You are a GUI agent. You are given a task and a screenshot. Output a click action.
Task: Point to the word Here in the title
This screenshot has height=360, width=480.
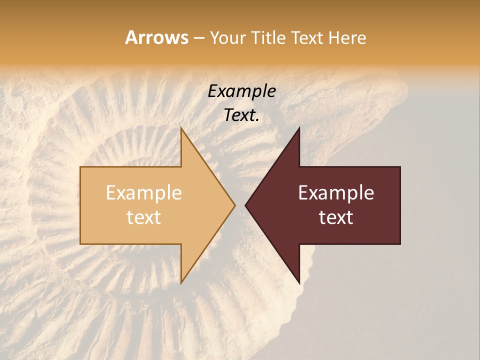pos(348,37)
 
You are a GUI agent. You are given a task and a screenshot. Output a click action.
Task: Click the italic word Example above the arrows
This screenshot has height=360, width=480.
pos(241,92)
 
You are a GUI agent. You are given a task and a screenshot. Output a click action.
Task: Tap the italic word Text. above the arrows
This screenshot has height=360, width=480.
pos(241,115)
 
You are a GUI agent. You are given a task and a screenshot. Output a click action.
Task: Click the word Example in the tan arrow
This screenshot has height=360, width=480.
pos(143,193)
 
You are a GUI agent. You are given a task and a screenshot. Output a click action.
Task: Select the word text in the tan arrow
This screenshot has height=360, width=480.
pos(143,217)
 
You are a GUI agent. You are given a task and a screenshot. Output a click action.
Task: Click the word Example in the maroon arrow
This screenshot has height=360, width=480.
pos(336,193)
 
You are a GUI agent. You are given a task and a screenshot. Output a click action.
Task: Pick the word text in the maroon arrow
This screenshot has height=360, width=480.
pos(336,217)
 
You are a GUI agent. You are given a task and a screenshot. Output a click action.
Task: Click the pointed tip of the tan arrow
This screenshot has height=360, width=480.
pos(235,205)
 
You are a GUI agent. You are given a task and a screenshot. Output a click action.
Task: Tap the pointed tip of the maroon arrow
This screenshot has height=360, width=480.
pos(245,205)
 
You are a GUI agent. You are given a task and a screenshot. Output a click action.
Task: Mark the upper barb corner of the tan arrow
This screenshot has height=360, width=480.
pos(181,128)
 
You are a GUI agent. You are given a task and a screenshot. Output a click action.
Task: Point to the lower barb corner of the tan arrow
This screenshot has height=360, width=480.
pos(181,283)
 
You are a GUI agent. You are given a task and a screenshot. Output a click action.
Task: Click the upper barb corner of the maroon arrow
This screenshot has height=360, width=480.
pos(299,128)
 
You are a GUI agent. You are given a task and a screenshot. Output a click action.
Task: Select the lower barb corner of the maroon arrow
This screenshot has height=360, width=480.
pos(299,283)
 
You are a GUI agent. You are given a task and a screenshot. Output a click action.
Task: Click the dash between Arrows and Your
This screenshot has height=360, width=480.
pos(198,38)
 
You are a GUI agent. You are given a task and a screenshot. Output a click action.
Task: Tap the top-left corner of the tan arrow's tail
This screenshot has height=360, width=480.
pos(80,167)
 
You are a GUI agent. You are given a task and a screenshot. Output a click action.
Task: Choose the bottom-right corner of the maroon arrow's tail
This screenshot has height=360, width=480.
pos(400,244)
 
